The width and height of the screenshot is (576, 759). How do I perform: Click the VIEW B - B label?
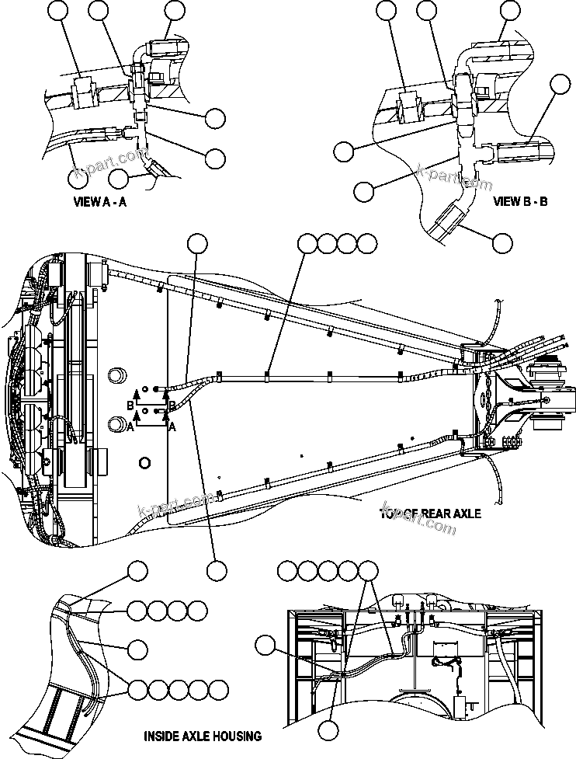521,201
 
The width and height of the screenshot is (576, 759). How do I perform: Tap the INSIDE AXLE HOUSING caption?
203,735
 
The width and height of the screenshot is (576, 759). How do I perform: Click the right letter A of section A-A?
172,427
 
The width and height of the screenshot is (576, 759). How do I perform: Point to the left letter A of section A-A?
132,427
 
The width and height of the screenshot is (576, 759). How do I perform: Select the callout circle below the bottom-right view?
331,730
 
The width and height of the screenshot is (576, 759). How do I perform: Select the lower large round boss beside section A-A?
116,425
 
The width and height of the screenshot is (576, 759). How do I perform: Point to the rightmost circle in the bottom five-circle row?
220,688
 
